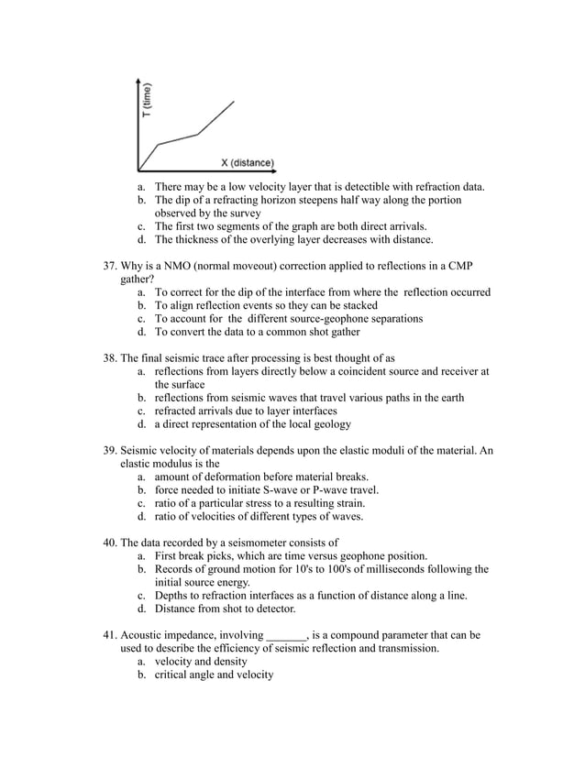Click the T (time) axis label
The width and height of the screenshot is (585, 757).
coord(147,101)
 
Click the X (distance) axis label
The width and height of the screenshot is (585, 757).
coord(247,163)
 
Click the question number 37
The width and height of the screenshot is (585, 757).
coord(108,266)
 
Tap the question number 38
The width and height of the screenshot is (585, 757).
coord(108,358)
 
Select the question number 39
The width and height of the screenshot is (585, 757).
coord(108,451)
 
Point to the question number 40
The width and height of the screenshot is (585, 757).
coord(108,542)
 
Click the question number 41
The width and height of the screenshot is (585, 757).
coord(108,634)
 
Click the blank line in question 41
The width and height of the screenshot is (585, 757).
coord(286,634)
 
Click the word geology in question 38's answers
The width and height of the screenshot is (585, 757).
coord(328,424)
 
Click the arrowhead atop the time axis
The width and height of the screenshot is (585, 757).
coord(138,81)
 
